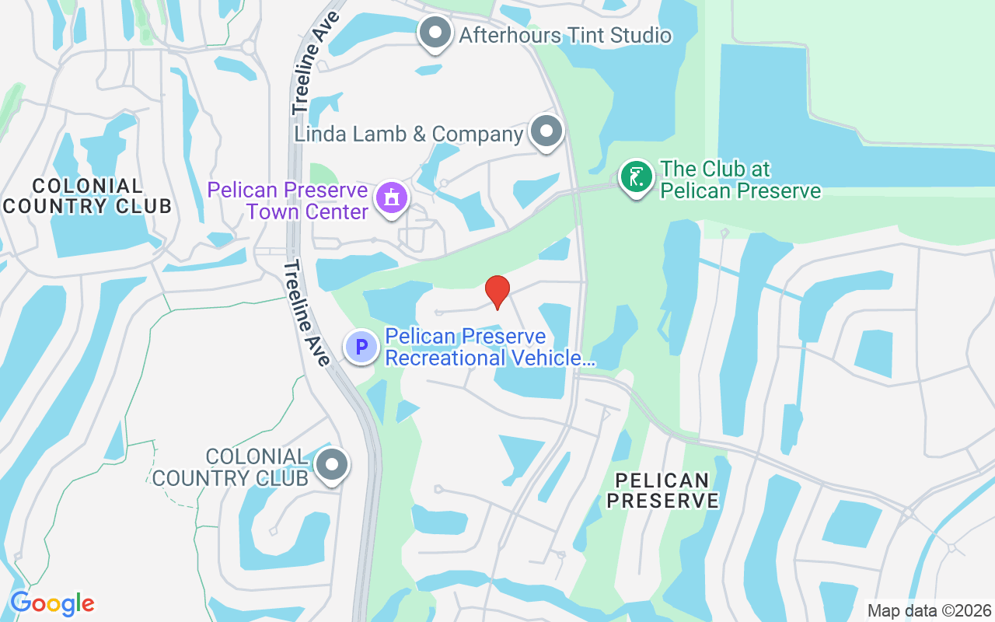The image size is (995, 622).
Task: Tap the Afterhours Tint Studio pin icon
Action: click(x=435, y=33)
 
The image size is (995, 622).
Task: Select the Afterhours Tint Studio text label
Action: click(x=565, y=35)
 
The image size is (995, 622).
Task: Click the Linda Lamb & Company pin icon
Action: click(x=546, y=131)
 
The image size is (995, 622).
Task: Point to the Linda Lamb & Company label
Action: click(x=408, y=134)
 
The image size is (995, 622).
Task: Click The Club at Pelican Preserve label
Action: click(x=740, y=180)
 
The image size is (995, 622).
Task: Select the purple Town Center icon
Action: click(x=392, y=197)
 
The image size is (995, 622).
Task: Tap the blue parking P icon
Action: click(x=361, y=346)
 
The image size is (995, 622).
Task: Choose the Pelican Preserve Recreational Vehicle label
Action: click(x=490, y=347)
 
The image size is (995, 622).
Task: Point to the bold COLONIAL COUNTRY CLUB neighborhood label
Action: click(x=87, y=196)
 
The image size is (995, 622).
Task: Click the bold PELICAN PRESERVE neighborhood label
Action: click(x=662, y=490)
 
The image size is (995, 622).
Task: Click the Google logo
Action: click(x=52, y=603)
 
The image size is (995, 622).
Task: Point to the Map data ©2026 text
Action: click(x=929, y=610)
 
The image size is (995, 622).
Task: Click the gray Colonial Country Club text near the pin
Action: click(x=232, y=466)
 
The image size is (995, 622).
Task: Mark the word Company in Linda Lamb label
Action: click(x=477, y=134)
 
